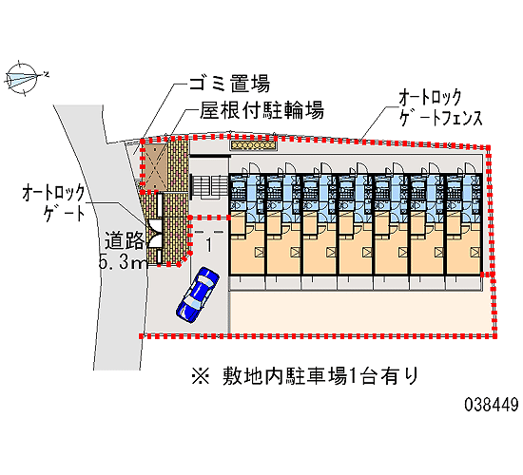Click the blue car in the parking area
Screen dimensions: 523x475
[x=198, y=294]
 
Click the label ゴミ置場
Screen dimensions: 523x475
[x=229, y=83]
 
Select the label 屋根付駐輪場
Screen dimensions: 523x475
[x=261, y=110]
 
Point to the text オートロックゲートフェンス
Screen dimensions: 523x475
[x=440, y=107]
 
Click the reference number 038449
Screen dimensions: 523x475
[x=492, y=405]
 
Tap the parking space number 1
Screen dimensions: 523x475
[x=209, y=245]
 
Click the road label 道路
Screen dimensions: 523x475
[x=125, y=240]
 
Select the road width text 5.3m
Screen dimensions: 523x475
[x=123, y=262]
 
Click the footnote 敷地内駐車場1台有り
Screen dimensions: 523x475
[x=320, y=376]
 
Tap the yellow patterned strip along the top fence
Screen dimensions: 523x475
[x=254, y=145]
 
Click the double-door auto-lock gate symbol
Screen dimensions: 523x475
[x=155, y=233]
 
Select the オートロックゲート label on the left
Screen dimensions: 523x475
[x=54, y=203]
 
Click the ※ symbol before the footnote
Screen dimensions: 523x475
[x=201, y=376]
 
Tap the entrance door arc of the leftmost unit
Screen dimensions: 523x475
[x=253, y=167]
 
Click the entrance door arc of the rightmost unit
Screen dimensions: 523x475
[x=470, y=167]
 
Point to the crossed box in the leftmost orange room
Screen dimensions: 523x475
[x=260, y=252]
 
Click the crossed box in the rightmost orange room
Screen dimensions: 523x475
[x=476, y=252]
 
